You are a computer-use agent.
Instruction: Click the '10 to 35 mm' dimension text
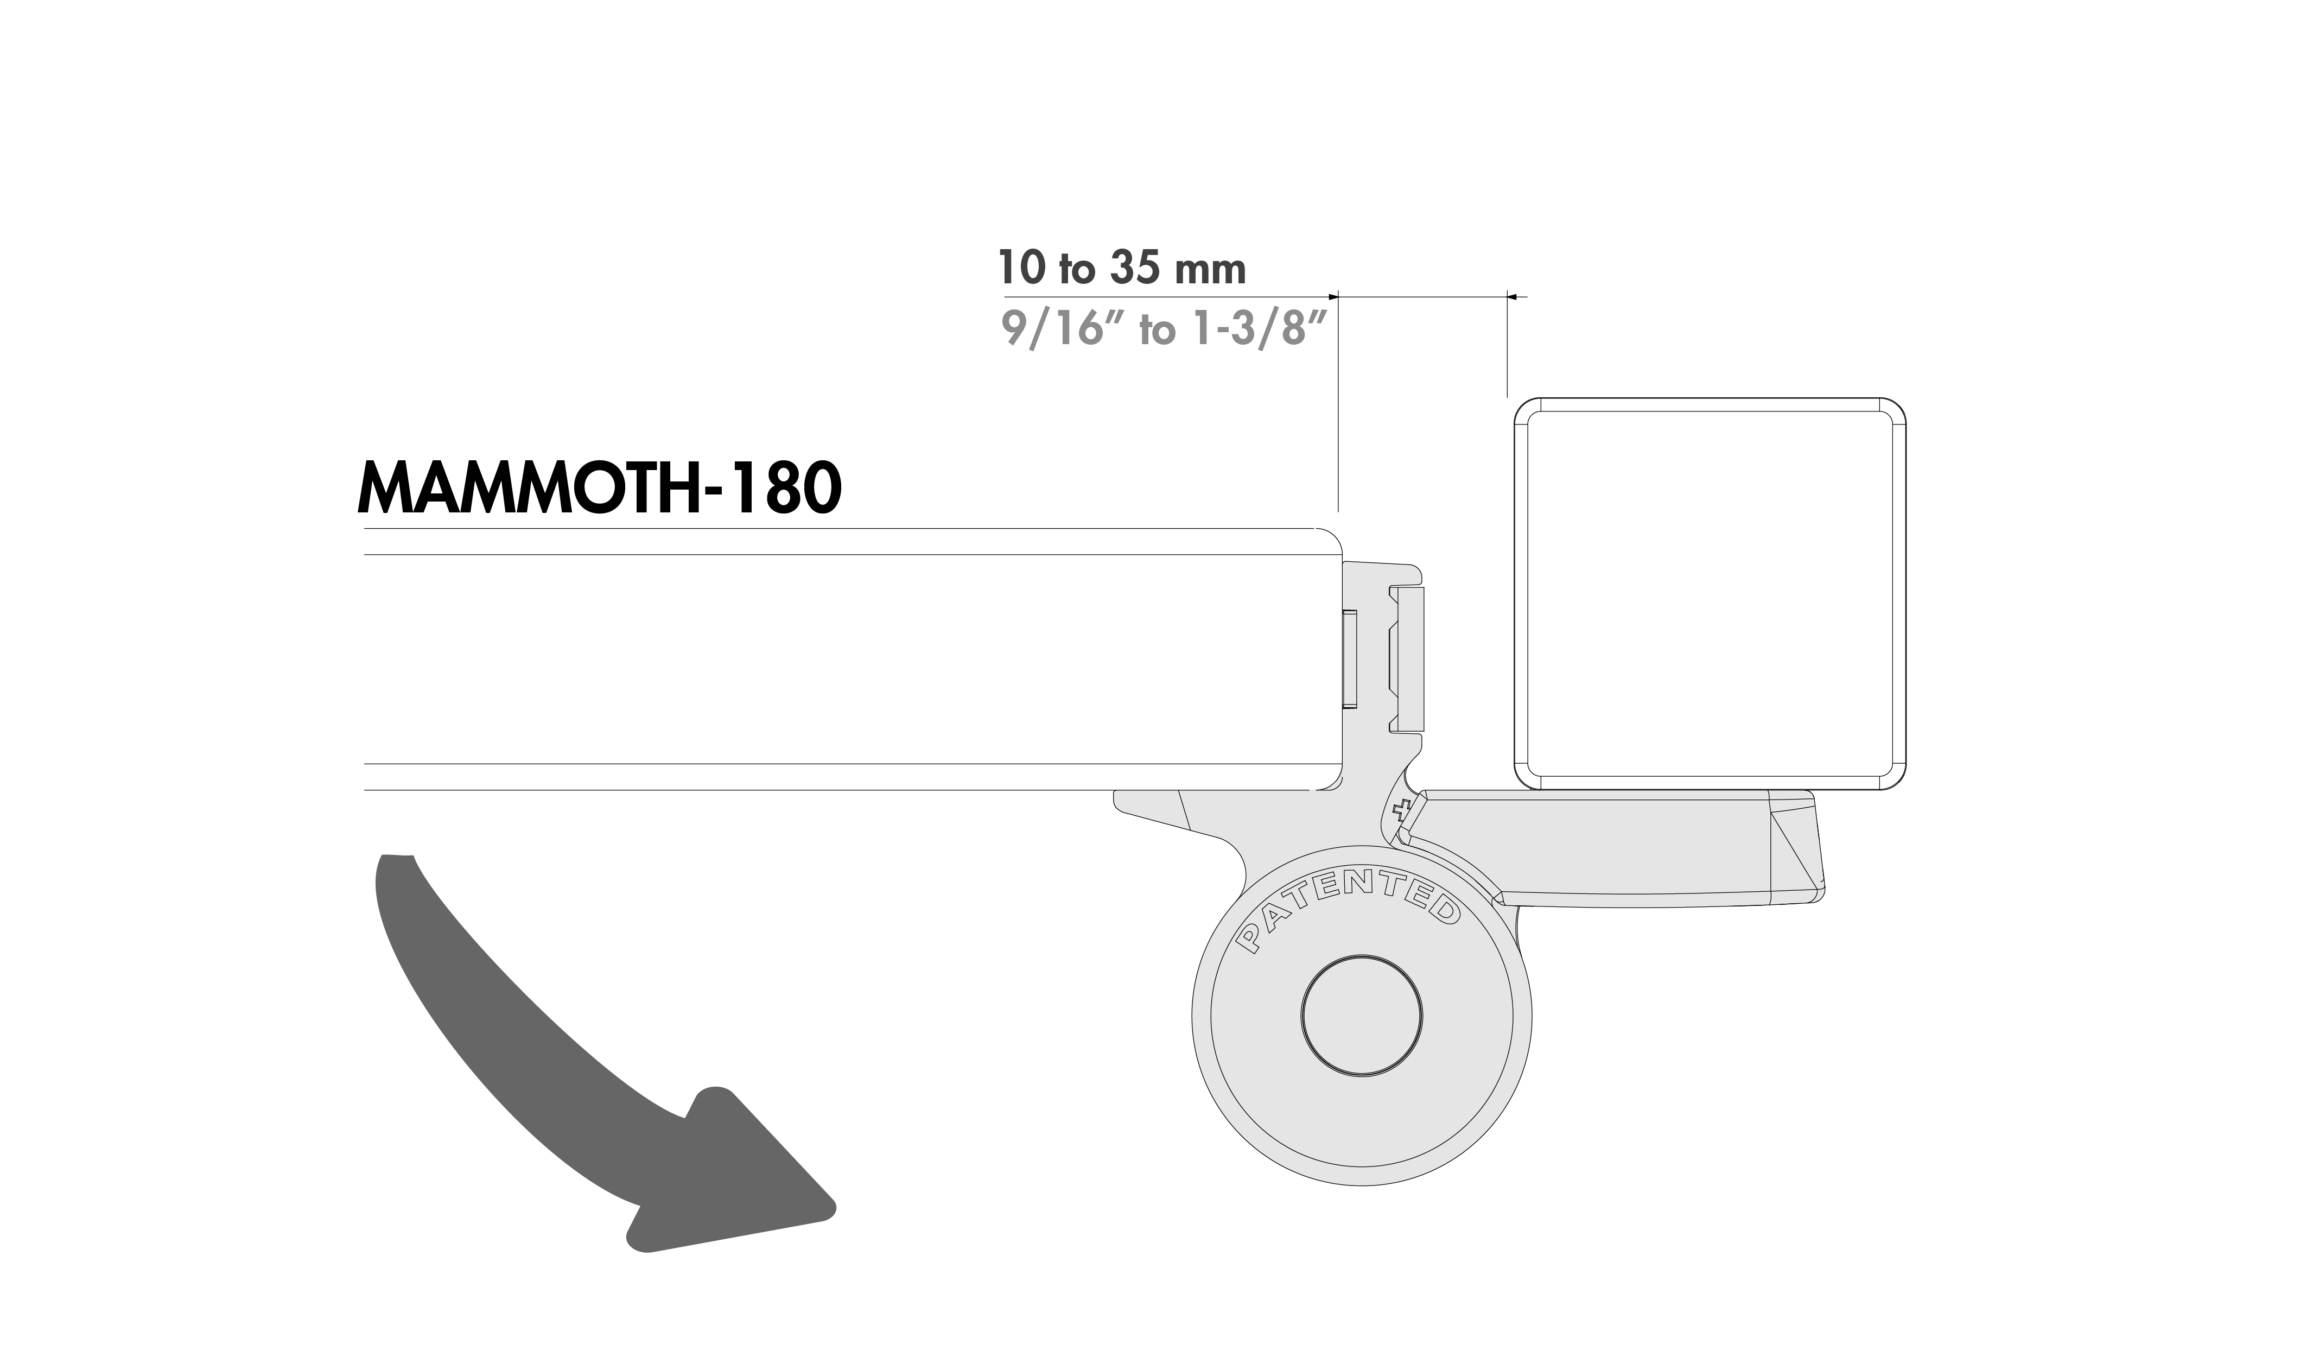coord(1122,268)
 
